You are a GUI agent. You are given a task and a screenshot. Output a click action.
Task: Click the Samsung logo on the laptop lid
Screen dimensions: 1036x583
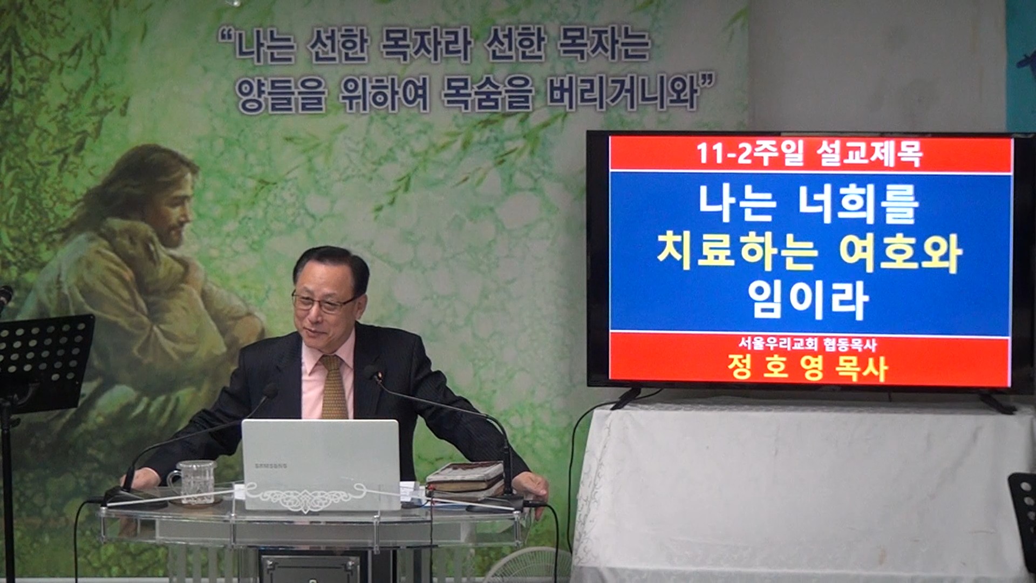pyautogui.click(x=271, y=466)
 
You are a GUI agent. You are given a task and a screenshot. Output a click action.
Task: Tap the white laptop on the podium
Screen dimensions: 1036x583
pyautogui.click(x=321, y=465)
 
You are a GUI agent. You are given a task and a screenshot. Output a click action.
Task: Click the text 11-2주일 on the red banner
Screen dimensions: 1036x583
pyautogui.click(x=750, y=154)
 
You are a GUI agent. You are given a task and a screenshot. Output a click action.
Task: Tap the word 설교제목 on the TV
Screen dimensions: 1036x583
pyautogui.click(x=869, y=154)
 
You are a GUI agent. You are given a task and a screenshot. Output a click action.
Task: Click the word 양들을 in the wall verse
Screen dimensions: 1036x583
pyautogui.click(x=282, y=94)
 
